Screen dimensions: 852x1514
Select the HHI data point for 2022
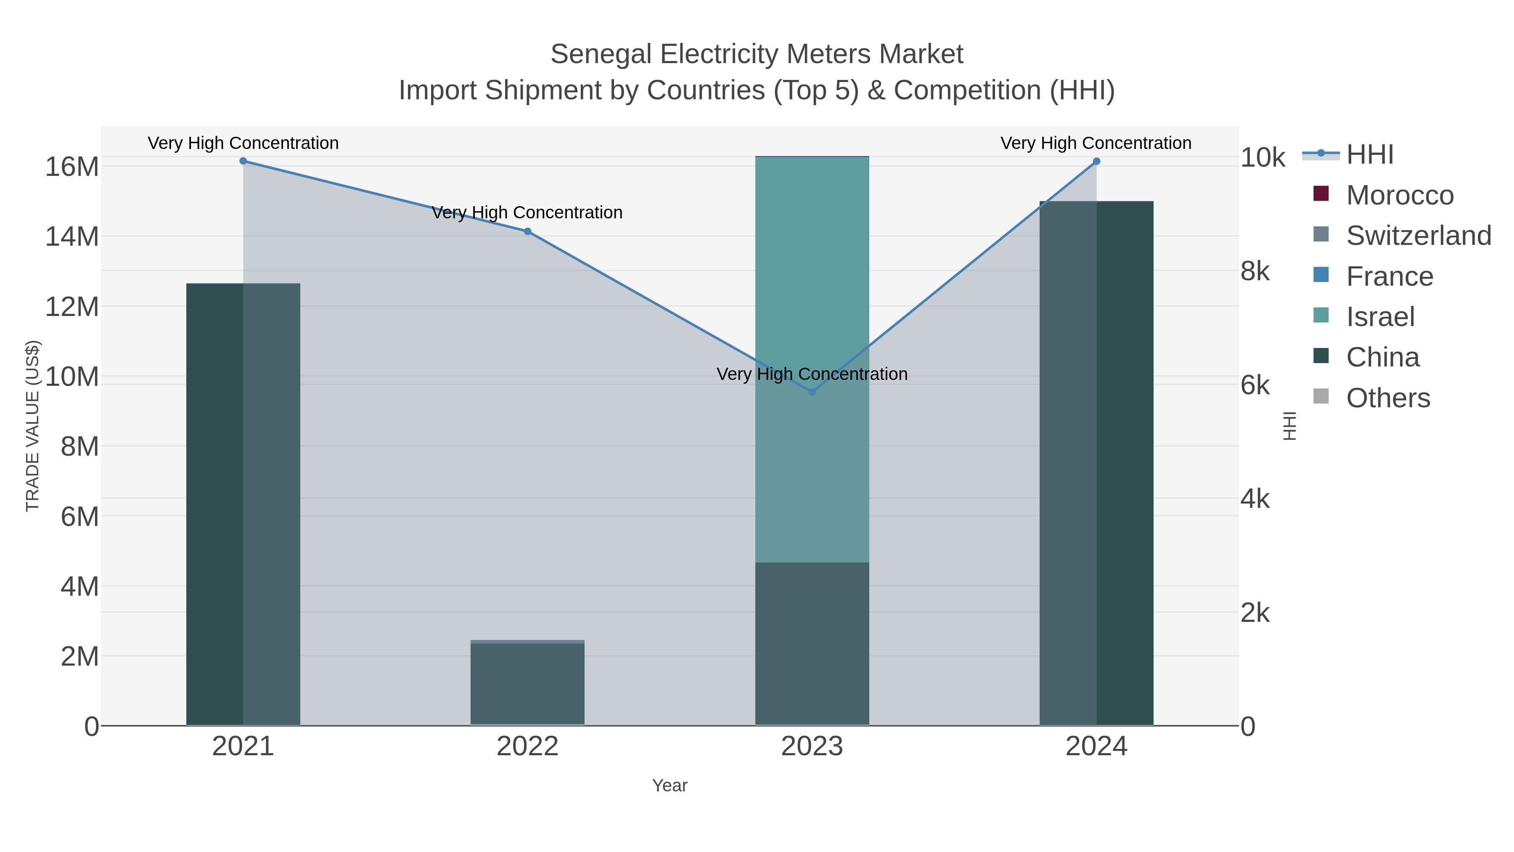click(528, 232)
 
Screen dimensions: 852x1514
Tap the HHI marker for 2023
click(812, 392)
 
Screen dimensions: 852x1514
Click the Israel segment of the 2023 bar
click(812, 265)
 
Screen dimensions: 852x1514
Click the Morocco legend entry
click(1399, 196)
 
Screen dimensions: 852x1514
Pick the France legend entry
click(1389, 277)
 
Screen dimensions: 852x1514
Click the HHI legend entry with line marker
click(1369, 155)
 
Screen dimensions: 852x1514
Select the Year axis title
click(670, 786)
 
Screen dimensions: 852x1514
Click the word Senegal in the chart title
click(601, 55)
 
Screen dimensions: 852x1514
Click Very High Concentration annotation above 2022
click(527, 213)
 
